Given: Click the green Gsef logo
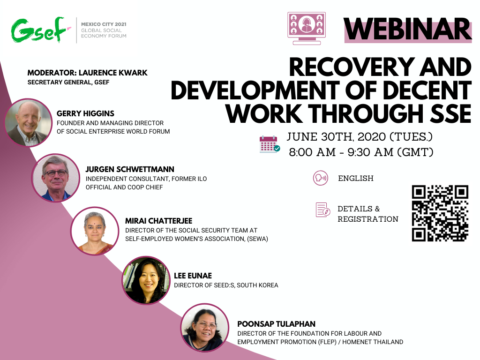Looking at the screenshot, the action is pyautogui.click(x=39, y=30).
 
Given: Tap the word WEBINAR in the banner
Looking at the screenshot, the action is pyautogui.click(x=407, y=29).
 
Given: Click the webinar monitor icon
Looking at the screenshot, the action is pyautogui.click(x=307, y=28).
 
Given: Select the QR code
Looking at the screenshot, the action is pyautogui.click(x=440, y=213).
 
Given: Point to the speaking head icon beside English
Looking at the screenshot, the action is pyautogui.click(x=320, y=178).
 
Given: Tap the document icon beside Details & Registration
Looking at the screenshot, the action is pyautogui.click(x=322, y=210).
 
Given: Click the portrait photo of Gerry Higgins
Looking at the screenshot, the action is pyautogui.click(x=29, y=122).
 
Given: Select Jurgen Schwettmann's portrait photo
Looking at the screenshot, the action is pyautogui.click(x=56, y=178).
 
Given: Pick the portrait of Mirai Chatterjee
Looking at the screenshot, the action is pyautogui.click(x=95, y=231).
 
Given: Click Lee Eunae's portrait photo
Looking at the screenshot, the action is pyautogui.click(x=146, y=280).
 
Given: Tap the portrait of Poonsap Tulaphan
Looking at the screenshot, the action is pyautogui.click(x=205, y=328).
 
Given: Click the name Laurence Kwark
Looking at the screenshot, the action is pyautogui.click(x=113, y=73).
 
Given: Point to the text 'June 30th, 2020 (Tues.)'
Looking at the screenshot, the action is pyautogui.click(x=360, y=137).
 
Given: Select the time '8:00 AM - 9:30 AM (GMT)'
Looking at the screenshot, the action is pyautogui.click(x=361, y=152).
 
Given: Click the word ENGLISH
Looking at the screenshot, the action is pyautogui.click(x=356, y=178).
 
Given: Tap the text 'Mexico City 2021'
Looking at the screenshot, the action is pyautogui.click(x=104, y=24).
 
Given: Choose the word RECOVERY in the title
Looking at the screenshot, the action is pyautogui.click(x=352, y=67).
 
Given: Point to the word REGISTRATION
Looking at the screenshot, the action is pyautogui.click(x=368, y=219).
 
